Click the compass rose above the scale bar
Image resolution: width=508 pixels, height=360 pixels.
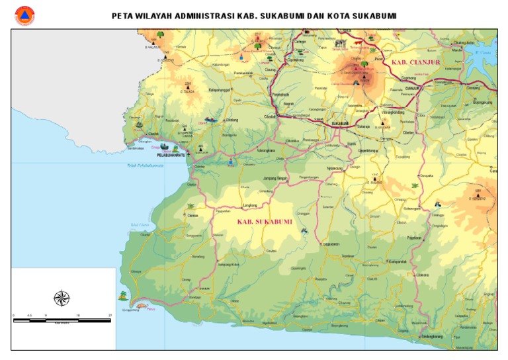(x=62, y=298)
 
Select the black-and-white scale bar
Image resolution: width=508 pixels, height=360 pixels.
(x=62, y=320)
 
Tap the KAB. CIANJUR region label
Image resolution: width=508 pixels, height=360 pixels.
(x=410, y=62)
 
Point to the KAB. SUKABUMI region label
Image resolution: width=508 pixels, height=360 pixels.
(x=265, y=222)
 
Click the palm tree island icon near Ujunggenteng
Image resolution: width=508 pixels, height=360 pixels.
(x=123, y=296)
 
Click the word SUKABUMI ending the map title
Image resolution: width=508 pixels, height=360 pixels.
(x=374, y=15)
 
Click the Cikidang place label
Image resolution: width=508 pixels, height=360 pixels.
(x=232, y=120)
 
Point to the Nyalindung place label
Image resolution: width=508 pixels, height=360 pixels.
(x=335, y=168)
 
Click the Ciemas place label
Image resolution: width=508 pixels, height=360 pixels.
(x=192, y=216)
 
